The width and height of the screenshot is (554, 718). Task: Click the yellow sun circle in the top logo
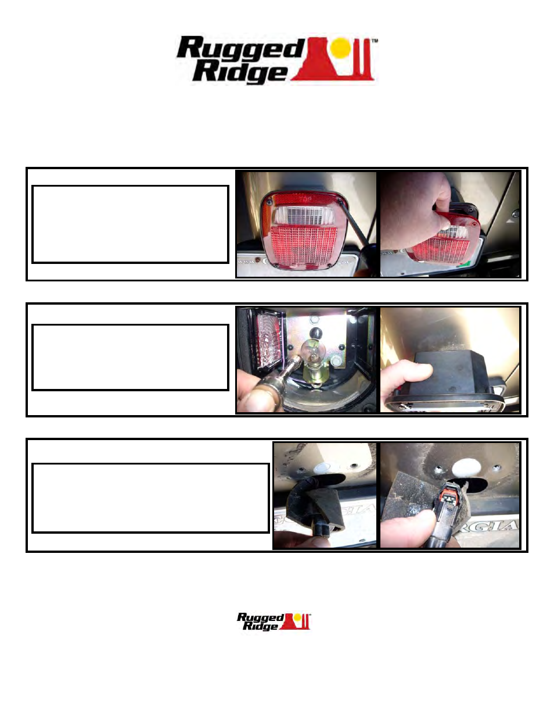[343, 48]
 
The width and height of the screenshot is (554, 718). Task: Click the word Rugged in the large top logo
[240, 49]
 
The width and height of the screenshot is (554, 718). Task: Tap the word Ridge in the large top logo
[239, 72]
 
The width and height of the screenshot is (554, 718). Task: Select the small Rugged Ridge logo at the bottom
[274, 621]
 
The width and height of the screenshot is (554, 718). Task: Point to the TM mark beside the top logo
[375, 41]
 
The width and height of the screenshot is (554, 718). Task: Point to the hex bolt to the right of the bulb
[337, 363]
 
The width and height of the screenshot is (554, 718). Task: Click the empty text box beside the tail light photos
[130, 224]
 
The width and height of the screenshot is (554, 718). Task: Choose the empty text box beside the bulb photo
[130, 357]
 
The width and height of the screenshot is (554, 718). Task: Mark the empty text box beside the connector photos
[150, 498]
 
